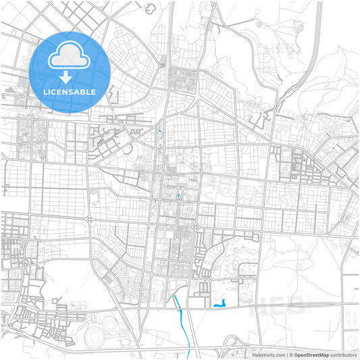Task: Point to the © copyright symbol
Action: coord(290,354)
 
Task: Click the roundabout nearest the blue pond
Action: coord(241,269)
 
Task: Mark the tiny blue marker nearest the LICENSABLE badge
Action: coord(159,131)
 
